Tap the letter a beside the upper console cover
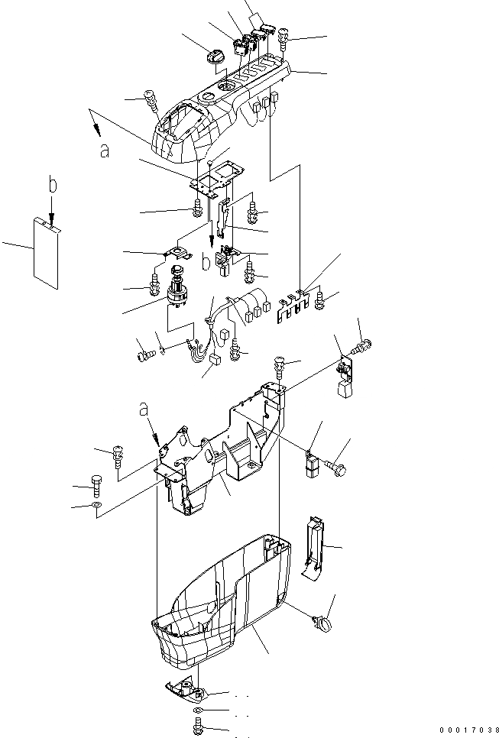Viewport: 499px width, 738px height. click(x=104, y=151)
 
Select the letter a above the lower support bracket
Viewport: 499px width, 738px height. click(x=144, y=410)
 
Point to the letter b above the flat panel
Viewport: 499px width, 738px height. click(x=51, y=185)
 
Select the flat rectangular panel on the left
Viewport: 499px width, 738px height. click(x=47, y=253)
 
